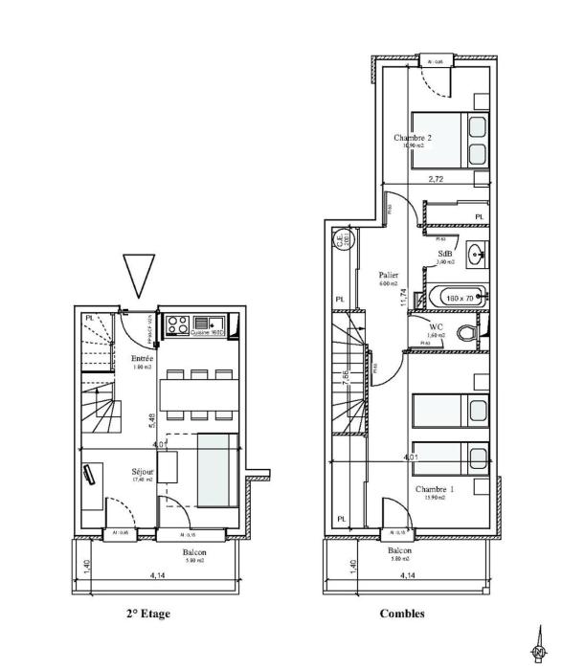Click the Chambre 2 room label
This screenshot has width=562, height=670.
coord(413,138)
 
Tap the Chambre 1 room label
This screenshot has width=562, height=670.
coord(434,488)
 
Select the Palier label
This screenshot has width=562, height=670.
coord(388,275)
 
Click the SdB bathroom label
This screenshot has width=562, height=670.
coord(445,253)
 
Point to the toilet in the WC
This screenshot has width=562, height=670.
coord(466,332)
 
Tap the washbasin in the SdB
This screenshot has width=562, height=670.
coord(476,255)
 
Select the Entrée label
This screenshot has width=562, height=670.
coord(143,358)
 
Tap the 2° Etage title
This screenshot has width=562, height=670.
coord(147,614)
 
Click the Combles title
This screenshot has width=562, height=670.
coord(402,614)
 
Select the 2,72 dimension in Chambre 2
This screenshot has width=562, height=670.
coord(436,179)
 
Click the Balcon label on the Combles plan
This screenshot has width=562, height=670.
coord(400,551)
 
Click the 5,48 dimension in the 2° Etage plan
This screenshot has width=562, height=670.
coord(152,419)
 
